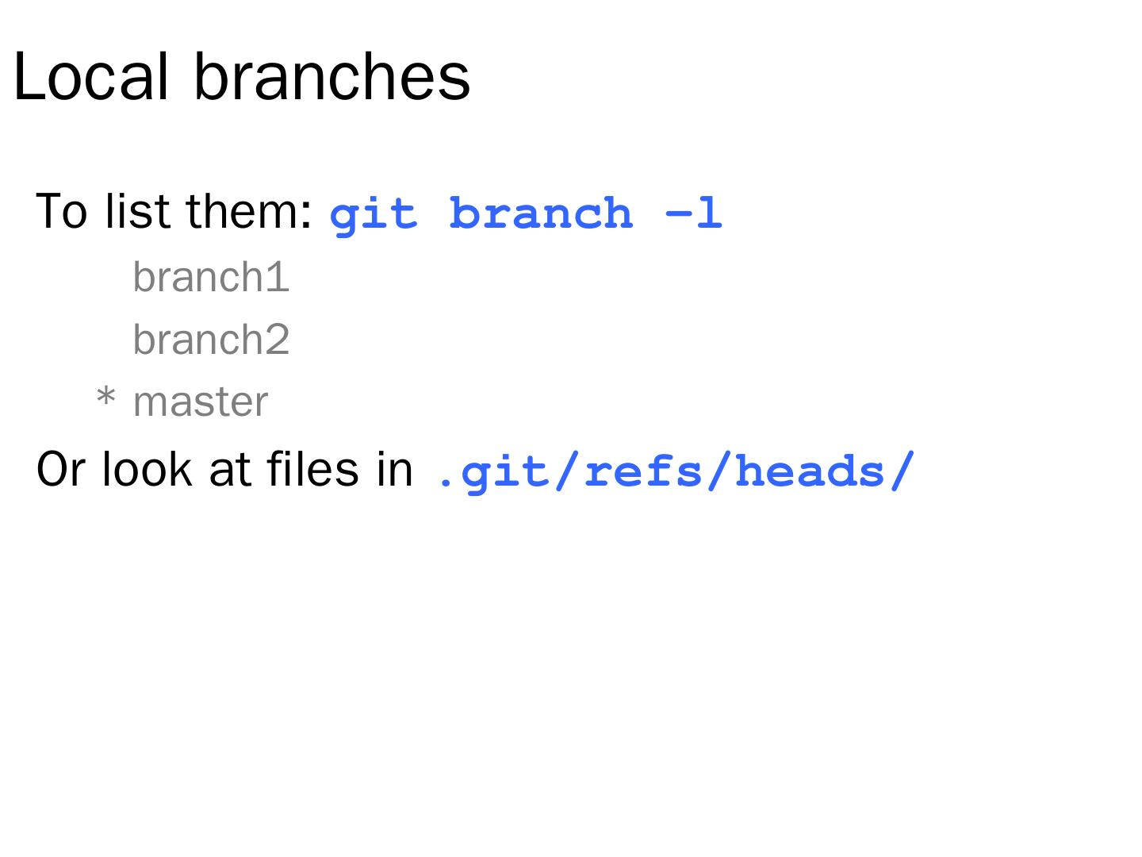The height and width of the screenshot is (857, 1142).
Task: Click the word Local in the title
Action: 91,77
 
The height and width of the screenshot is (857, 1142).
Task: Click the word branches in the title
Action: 331,77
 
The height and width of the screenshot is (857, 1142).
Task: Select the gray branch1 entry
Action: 211,277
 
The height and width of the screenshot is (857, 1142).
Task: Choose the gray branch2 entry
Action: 211,340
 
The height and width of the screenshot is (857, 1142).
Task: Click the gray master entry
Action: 201,402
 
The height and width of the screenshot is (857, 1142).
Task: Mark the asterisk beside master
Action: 105,398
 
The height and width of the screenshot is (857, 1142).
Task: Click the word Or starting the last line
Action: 60,469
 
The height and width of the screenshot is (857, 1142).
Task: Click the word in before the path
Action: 395,469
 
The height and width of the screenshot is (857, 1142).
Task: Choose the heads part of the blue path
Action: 809,471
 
